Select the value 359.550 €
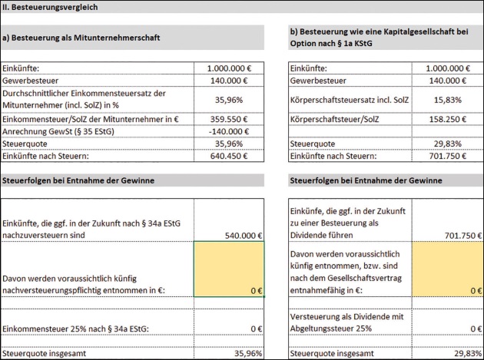tap(240, 121)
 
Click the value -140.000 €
tap(240, 131)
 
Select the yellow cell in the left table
tap(229, 269)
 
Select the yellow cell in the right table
tap(447, 269)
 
